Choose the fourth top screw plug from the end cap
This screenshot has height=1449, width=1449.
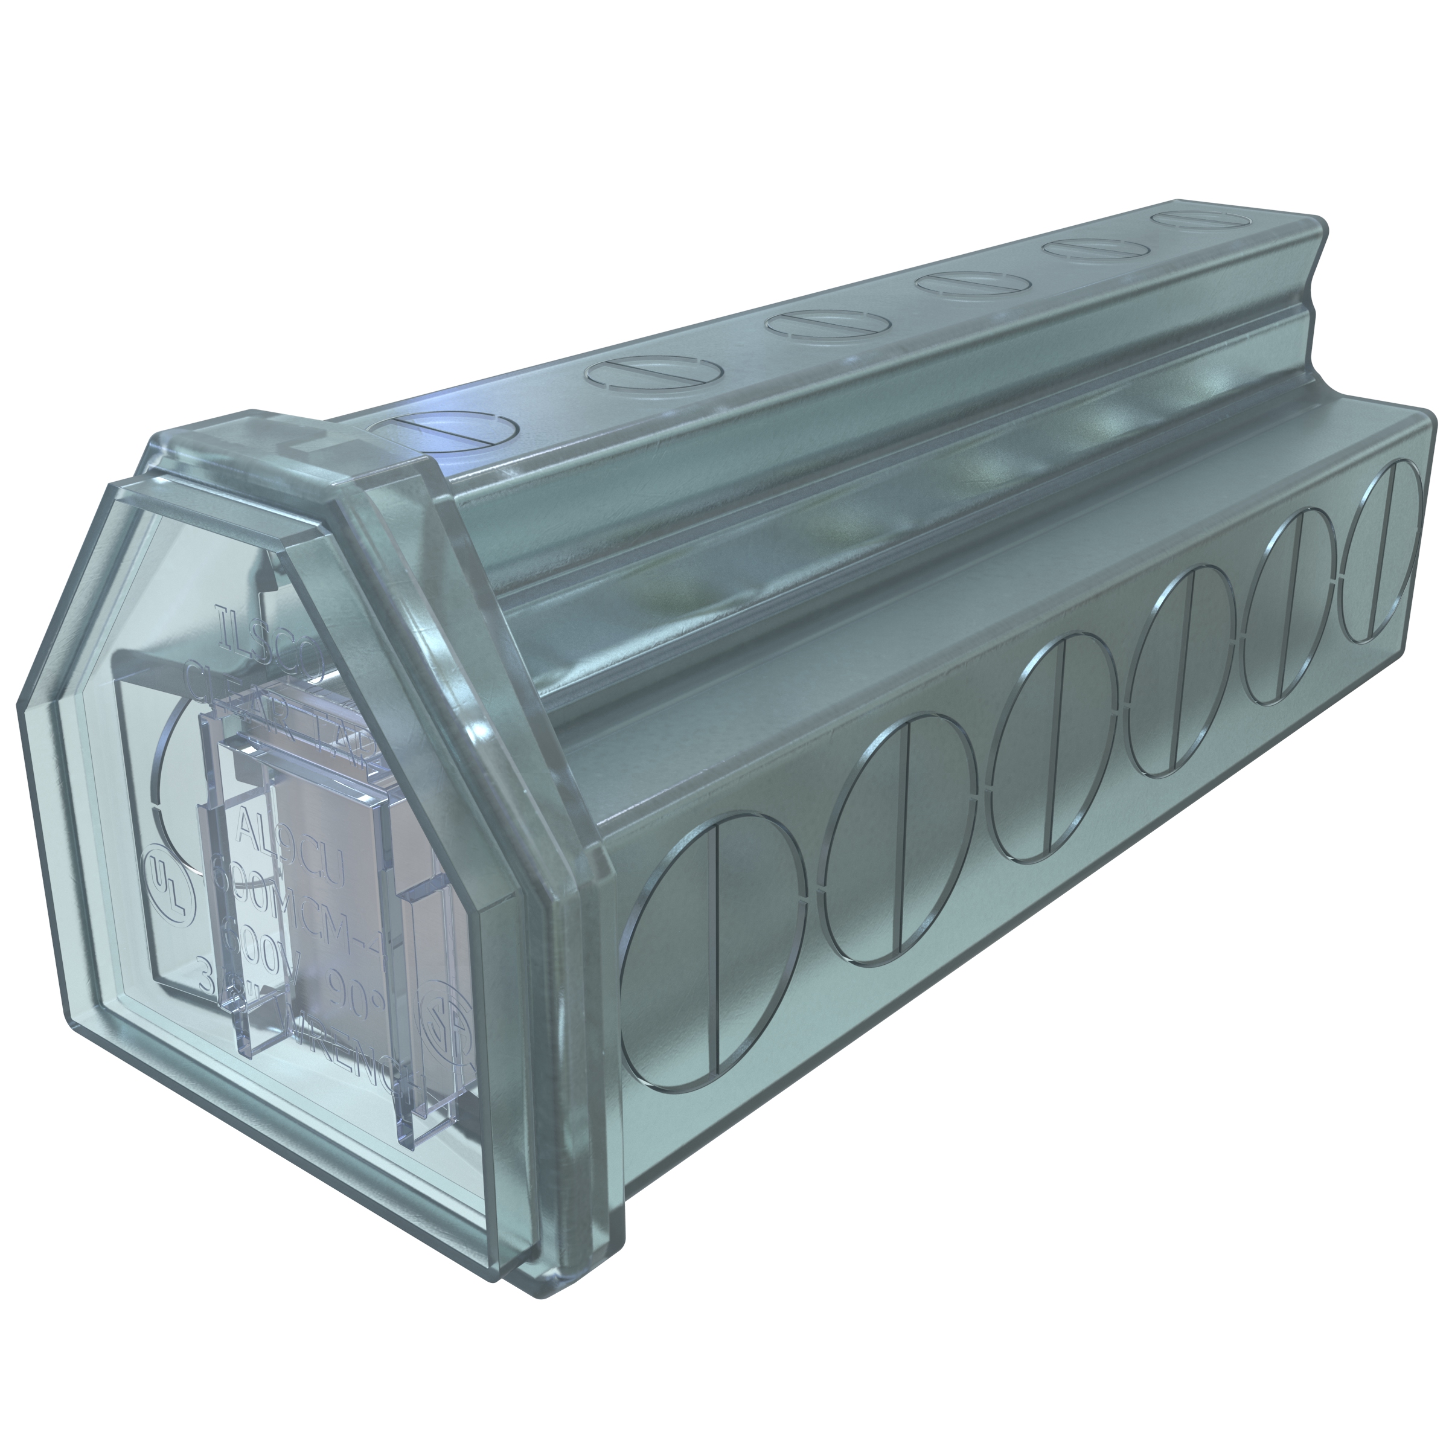click(x=972, y=284)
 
